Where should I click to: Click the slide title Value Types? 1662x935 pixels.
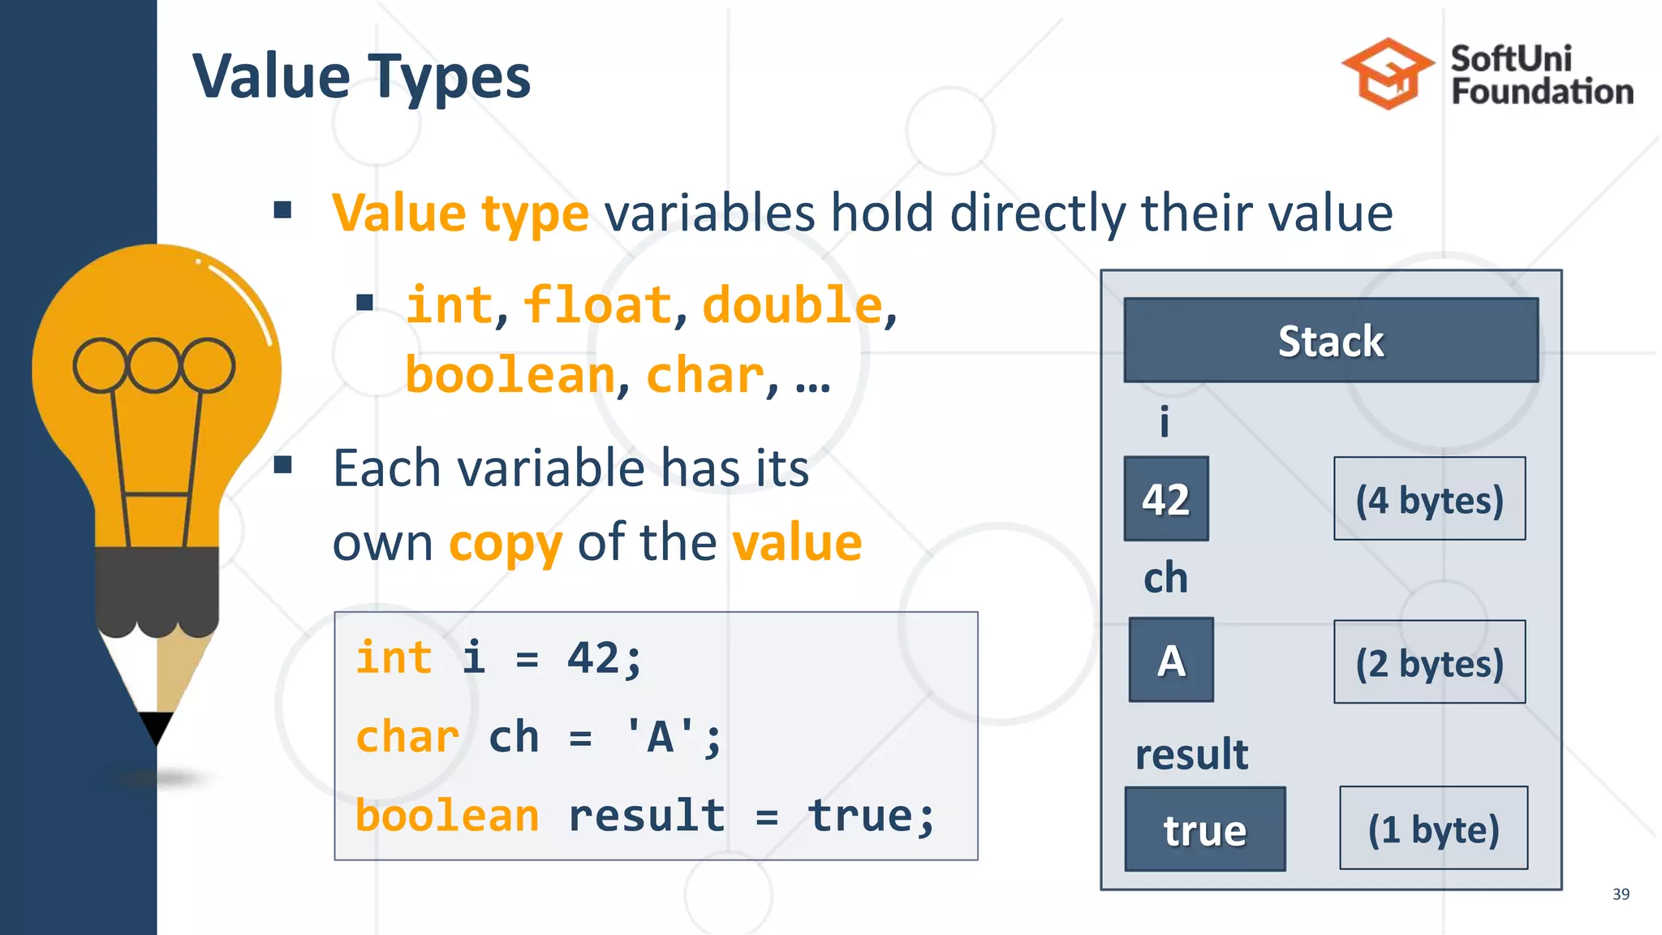[x=361, y=76]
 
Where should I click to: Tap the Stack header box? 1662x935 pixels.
[x=1330, y=341]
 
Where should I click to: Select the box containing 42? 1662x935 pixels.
[x=1166, y=499]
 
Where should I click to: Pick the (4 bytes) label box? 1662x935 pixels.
[x=1429, y=499]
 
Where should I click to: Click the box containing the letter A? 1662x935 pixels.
[x=1171, y=660]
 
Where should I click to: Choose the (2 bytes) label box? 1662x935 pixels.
[x=1429, y=662]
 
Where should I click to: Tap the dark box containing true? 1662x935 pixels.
[x=1205, y=829]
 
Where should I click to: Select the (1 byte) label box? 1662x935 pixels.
[x=1433, y=829]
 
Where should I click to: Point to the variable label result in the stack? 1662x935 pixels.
[x=1191, y=754]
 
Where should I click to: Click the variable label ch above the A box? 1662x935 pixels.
[x=1165, y=578]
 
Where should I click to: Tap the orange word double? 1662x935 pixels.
[x=792, y=305]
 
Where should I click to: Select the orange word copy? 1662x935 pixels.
[x=506, y=544]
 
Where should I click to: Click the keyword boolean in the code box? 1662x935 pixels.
[x=447, y=815]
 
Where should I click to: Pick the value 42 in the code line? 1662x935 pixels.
[x=593, y=657]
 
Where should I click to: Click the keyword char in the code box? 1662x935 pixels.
[x=407, y=737]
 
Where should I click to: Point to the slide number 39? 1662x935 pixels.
[x=1621, y=894]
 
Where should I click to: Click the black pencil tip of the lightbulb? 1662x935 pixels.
[x=155, y=725]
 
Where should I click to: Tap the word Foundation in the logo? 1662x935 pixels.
[x=1542, y=92]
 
